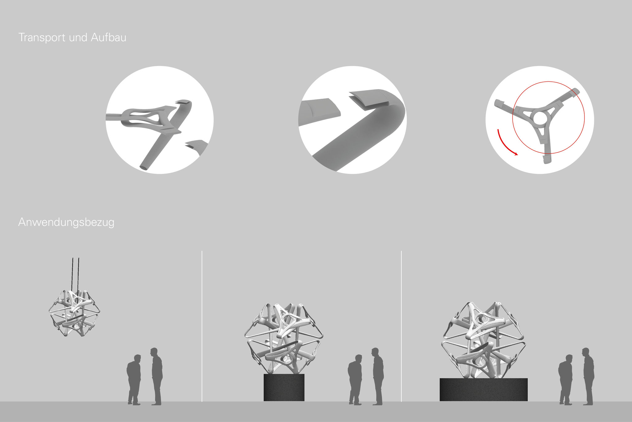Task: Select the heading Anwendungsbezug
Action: pyautogui.click(x=66, y=222)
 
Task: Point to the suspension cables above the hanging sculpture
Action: pyautogui.click(x=76, y=274)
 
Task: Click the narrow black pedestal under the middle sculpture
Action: pyautogui.click(x=284, y=387)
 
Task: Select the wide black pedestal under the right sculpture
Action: pyautogui.click(x=484, y=390)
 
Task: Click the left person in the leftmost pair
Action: pyautogui.click(x=134, y=379)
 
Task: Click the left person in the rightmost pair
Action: pyautogui.click(x=566, y=379)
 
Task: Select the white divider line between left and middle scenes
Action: pyautogui.click(x=202, y=326)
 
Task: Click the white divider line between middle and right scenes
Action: pyautogui.click(x=401, y=326)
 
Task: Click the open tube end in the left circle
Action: pyautogui.click(x=144, y=167)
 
